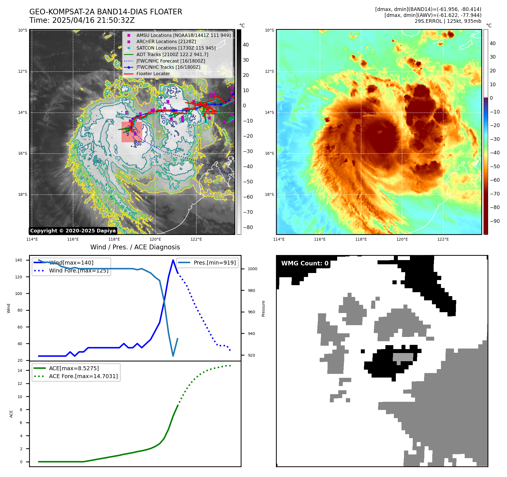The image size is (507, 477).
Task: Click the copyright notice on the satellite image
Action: [73, 231]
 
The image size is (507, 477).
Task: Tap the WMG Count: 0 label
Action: [305, 263]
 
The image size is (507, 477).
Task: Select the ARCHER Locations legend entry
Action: [166, 42]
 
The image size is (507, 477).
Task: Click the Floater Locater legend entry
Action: [153, 74]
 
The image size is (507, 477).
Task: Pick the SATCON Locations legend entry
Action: [176, 48]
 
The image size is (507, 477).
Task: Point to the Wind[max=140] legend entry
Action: [71, 263]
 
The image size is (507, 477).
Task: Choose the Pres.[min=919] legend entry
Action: [214, 263]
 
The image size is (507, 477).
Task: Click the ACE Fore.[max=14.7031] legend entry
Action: [83, 376]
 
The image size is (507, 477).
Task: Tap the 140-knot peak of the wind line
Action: [173, 260]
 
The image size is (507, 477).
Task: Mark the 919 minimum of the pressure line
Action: [173, 356]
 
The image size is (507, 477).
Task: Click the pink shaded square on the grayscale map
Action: [132, 132]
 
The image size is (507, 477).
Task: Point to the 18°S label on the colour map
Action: [269, 194]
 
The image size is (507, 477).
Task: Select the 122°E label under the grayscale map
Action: [196, 239]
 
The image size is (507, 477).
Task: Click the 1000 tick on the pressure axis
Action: [252, 269]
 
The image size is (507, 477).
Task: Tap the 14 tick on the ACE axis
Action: [20, 370]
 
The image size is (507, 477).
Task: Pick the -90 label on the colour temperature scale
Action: [495, 221]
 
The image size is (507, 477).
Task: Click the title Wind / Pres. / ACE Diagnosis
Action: [135, 247]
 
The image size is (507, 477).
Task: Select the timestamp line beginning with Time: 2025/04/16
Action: [82, 20]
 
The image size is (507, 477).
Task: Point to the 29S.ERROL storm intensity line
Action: [448, 21]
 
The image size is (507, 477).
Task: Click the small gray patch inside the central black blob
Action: [403, 357]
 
